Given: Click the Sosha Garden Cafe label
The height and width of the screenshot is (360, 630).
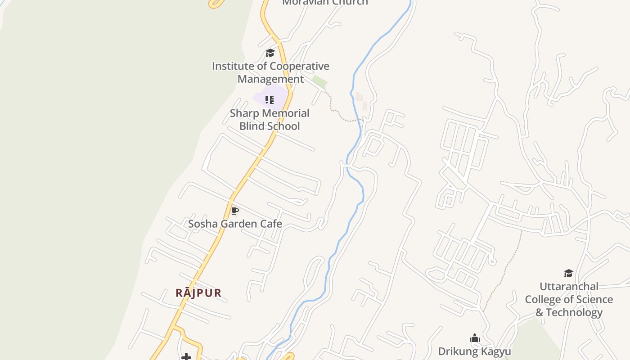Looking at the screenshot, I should (x=235, y=224).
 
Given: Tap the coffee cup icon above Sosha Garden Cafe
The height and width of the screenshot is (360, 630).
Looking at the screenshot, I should (x=234, y=211).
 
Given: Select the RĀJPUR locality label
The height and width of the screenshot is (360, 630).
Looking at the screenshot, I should (x=198, y=293).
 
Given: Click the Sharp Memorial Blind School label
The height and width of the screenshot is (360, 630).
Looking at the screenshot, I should (x=270, y=119).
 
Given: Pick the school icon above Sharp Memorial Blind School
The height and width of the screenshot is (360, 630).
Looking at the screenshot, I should (x=269, y=99).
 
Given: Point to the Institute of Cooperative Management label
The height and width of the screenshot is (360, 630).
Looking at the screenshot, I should (x=270, y=72).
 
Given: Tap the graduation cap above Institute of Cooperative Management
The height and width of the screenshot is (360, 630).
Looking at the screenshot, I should (x=270, y=53).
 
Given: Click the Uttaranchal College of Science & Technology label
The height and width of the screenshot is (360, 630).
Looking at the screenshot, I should (x=569, y=299).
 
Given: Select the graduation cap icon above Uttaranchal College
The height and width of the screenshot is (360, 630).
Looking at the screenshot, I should (x=568, y=273).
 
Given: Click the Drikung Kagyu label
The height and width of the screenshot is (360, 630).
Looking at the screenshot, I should (x=474, y=351).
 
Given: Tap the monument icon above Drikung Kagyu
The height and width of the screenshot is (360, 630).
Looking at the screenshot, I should (x=474, y=338).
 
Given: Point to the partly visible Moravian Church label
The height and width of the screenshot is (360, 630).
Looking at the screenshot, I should (x=325, y=3).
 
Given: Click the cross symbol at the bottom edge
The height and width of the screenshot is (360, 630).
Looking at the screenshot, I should (x=186, y=357).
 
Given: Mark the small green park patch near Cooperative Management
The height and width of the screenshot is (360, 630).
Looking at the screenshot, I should (x=319, y=81).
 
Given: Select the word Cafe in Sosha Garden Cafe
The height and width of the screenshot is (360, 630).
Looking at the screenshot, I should (x=271, y=224).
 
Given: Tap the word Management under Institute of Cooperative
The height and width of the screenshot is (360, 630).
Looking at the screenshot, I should (x=270, y=79).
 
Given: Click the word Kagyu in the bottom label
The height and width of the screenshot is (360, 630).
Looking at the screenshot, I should (x=495, y=351).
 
